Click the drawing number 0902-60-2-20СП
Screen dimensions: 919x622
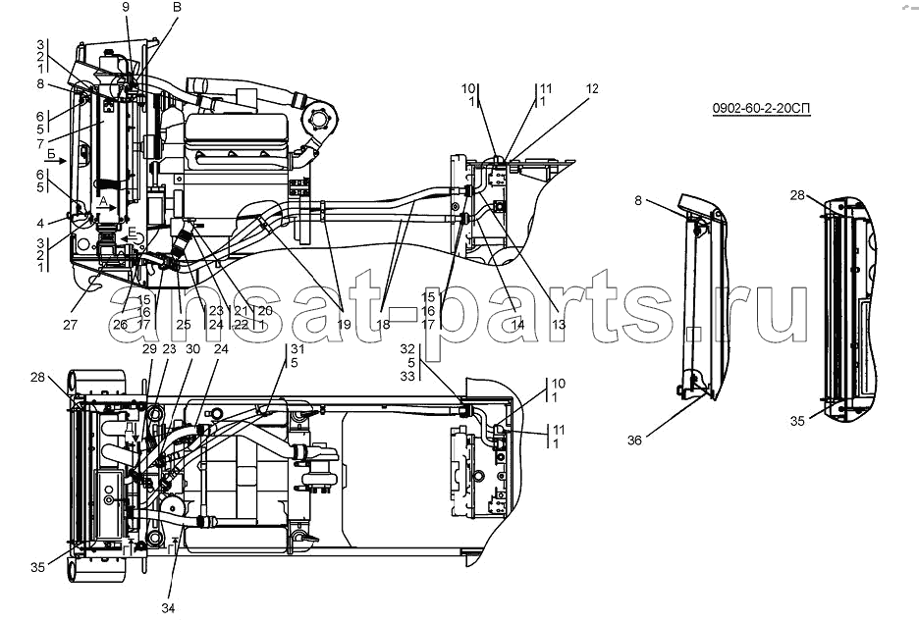[761, 108]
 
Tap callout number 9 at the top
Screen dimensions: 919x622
[126, 7]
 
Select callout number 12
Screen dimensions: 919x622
[592, 88]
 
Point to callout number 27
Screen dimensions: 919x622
[70, 325]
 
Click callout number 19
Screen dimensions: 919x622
[344, 325]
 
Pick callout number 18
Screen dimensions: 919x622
[383, 325]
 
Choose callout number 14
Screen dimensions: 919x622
[517, 325]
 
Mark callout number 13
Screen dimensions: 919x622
[559, 325]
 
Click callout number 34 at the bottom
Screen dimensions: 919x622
[168, 608]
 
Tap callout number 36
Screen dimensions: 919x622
[634, 440]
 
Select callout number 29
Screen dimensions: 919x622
[149, 349]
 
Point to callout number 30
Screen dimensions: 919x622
[192, 349]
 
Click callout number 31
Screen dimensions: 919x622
[297, 349]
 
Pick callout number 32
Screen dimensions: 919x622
[407, 349]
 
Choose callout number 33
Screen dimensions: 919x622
[407, 377]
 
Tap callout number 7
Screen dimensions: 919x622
[40, 144]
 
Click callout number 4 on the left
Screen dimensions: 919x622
[40, 223]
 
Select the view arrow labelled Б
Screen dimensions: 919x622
[55, 161]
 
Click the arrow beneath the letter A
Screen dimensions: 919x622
[106, 207]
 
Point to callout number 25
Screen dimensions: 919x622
[184, 325]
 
